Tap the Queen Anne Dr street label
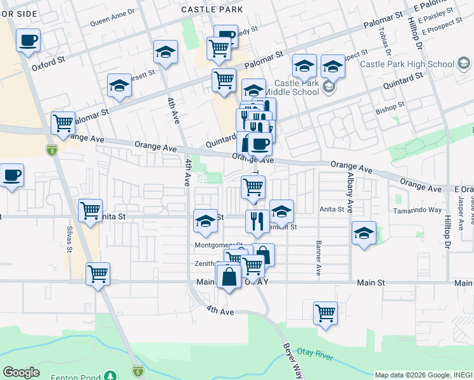(113, 20)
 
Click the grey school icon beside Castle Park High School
(463, 63)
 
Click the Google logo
(21, 372)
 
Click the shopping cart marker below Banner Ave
(325, 313)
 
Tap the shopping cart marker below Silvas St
(98, 274)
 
